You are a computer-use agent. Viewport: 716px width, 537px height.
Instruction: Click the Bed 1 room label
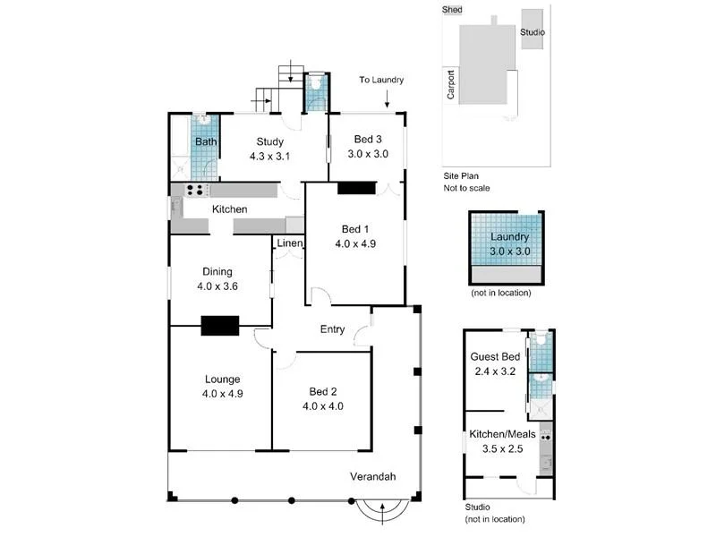pos(354,227)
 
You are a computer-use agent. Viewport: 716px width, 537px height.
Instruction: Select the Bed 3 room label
pos(367,140)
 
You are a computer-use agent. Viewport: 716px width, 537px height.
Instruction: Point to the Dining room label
pos(217,272)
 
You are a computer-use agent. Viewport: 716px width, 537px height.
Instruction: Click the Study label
pos(269,141)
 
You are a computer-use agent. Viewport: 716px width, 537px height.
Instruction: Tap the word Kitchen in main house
pos(229,209)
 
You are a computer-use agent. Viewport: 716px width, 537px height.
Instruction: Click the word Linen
pos(289,243)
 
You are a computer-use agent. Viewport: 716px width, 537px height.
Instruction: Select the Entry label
pos(332,329)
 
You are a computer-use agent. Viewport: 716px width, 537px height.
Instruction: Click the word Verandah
pos(373,476)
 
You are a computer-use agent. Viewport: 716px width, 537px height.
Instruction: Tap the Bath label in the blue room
pos(206,141)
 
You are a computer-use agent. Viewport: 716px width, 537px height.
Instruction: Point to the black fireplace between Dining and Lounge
pos(219,326)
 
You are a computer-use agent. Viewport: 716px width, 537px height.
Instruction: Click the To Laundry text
pos(381,80)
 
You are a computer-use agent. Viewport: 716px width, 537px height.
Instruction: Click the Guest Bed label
pos(495,357)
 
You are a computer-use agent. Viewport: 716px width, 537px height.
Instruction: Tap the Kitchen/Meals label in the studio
pos(502,434)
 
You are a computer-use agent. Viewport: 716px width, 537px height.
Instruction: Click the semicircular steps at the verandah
pos(382,511)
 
